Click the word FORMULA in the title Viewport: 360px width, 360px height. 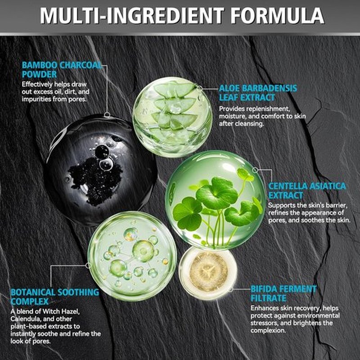pyautogui.click(x=277, y=16)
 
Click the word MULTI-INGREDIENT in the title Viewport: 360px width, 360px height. pyautogui.click(x=132, y=16)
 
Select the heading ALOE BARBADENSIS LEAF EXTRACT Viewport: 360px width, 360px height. pyautogui.click(x=258, y=93)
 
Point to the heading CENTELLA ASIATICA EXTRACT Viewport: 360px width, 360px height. pyautogui.click(x=307, y=190)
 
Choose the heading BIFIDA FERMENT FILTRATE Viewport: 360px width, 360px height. pyautogui.click(x=283, y=293)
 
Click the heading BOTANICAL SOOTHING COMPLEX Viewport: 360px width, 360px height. pyautogui.click(x=55, y=297)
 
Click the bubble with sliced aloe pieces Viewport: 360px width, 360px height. pyautogui.click(x=172, y=117)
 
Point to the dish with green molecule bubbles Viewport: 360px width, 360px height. pyautogui.click(x=132, y=256)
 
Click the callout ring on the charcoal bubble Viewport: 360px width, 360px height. pyautogui.click(x=107, y=115)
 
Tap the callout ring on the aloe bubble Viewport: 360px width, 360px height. pyautogui.click(x=199, y=88)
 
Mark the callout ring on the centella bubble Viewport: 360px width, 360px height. pyautogui.click(x=255, y=170)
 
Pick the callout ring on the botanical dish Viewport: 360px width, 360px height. pyautogui.click(x=88, y=265)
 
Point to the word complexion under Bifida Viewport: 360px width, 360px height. pyautogui.click(x=268, y=331)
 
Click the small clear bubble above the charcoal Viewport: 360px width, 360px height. pyautogui.click(x=106, y=164)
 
